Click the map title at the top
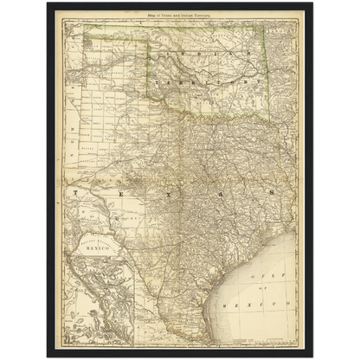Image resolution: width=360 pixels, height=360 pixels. point(181,17)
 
